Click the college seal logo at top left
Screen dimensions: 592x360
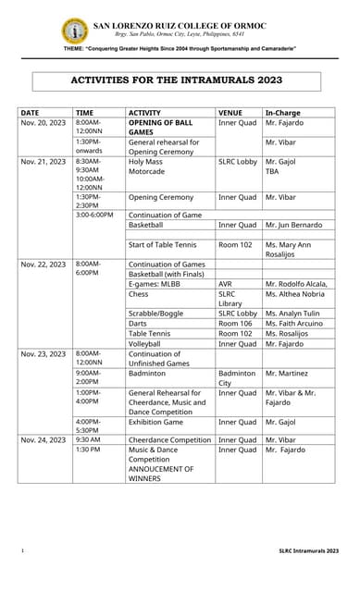coord(74,31)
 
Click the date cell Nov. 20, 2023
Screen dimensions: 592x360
coord(43,122)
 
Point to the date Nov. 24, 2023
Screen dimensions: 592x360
coord(43,439)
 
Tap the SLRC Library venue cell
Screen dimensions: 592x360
coord(231,299)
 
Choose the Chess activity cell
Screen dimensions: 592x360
coord(139,294)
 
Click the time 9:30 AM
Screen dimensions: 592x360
coord(89,439)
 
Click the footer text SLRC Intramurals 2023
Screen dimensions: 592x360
coord(309,550)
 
